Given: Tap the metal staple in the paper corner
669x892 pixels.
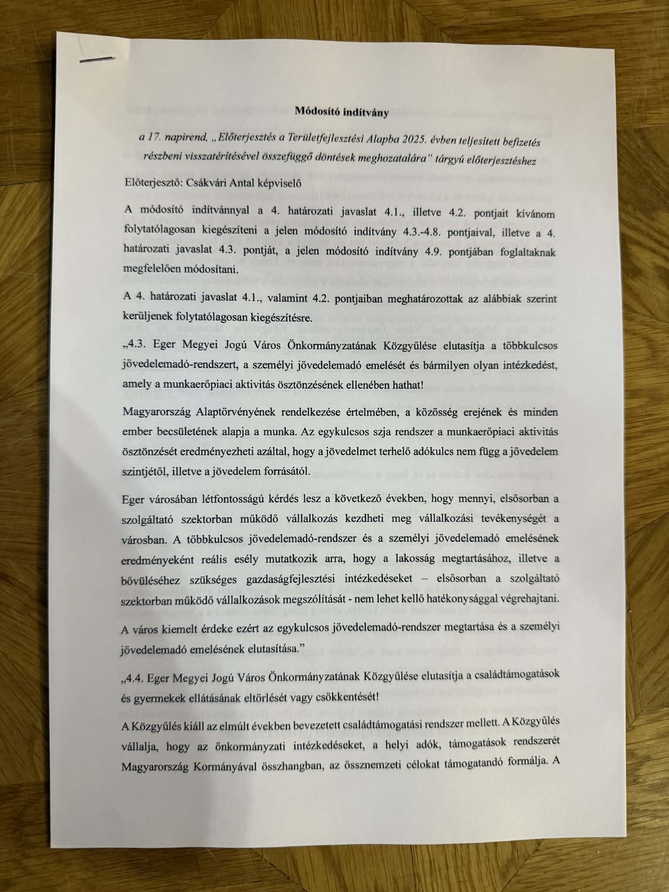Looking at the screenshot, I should click(98, 60).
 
